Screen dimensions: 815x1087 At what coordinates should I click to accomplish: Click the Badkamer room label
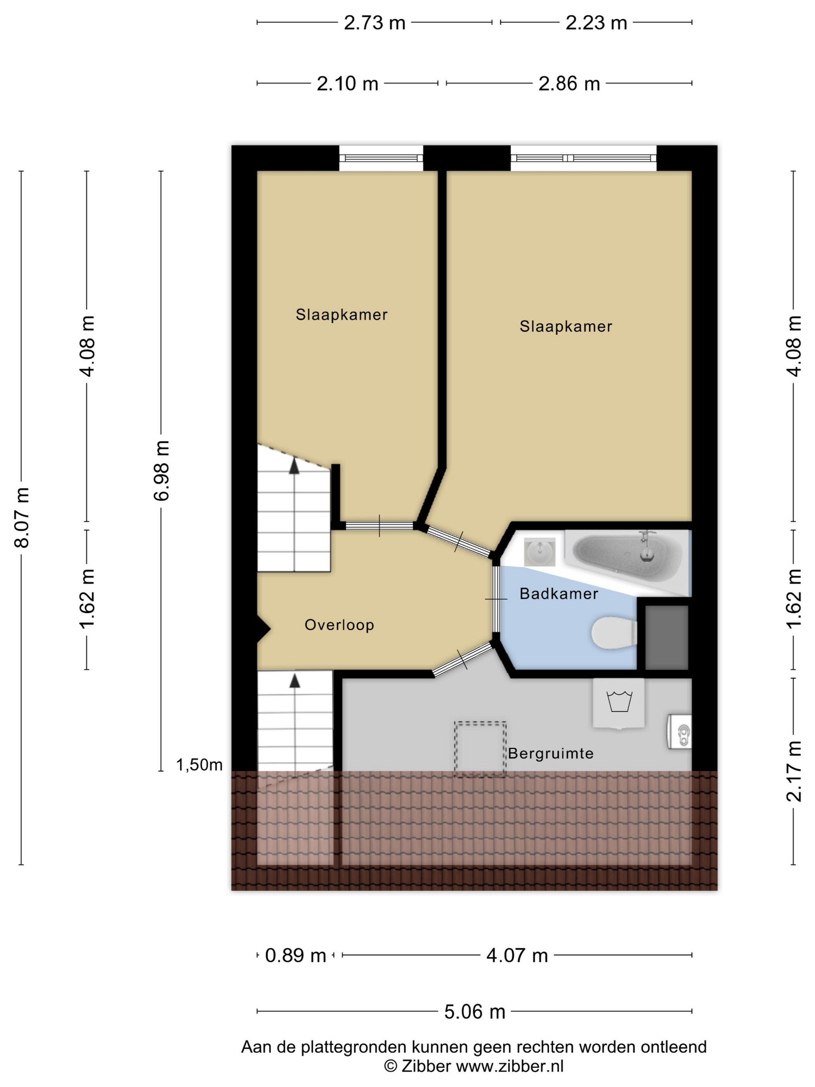558,594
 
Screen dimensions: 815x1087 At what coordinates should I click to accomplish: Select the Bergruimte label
551,754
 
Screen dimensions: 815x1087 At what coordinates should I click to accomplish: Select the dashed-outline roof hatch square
480,749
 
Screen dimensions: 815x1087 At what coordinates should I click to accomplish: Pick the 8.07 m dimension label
22,517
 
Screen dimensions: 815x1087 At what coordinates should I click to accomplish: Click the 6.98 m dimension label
161,471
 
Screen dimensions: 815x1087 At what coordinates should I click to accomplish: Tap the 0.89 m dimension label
296,955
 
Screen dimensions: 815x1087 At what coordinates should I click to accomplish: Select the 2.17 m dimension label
794,771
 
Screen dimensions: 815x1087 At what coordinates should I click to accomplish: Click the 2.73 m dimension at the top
375,23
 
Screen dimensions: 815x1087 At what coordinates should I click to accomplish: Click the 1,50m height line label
199,765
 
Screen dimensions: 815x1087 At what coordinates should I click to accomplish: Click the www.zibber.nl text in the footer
510,1066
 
